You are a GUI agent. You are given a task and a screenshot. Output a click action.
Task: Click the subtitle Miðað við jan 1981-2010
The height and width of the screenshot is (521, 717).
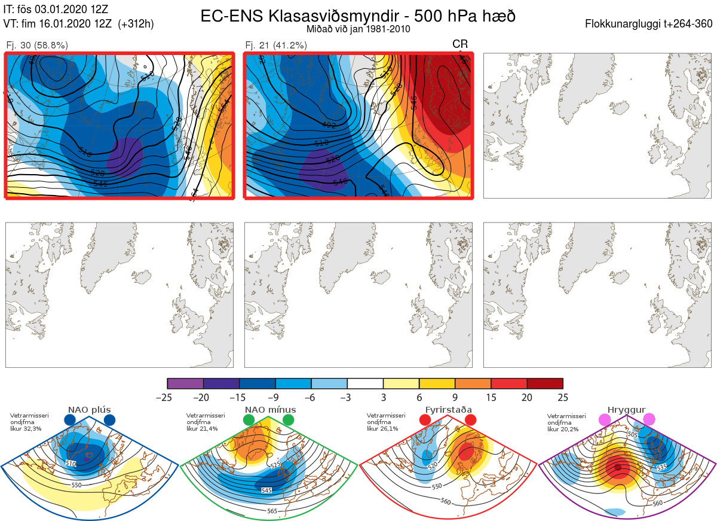pos(358,29)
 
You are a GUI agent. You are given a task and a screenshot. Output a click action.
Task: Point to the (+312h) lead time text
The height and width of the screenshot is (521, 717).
pos(136,24)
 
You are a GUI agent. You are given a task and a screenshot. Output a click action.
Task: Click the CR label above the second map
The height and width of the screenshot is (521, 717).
pos(460,44)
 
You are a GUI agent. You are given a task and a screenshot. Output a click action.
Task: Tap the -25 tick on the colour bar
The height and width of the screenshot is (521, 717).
pos(168,397)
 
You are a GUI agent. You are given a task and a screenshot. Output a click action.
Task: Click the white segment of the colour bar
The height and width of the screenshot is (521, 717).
pos(365,383)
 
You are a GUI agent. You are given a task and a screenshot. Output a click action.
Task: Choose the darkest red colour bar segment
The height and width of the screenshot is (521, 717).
pos(545,383)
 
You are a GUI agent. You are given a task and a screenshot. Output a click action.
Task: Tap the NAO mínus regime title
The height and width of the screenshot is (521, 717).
pos(270,410)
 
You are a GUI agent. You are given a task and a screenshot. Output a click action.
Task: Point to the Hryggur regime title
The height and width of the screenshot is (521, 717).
pos(626,410)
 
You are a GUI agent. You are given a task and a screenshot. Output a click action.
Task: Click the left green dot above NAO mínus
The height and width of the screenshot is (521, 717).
pos(249,421)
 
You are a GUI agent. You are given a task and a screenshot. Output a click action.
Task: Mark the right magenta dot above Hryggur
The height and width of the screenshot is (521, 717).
pos(648,420)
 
